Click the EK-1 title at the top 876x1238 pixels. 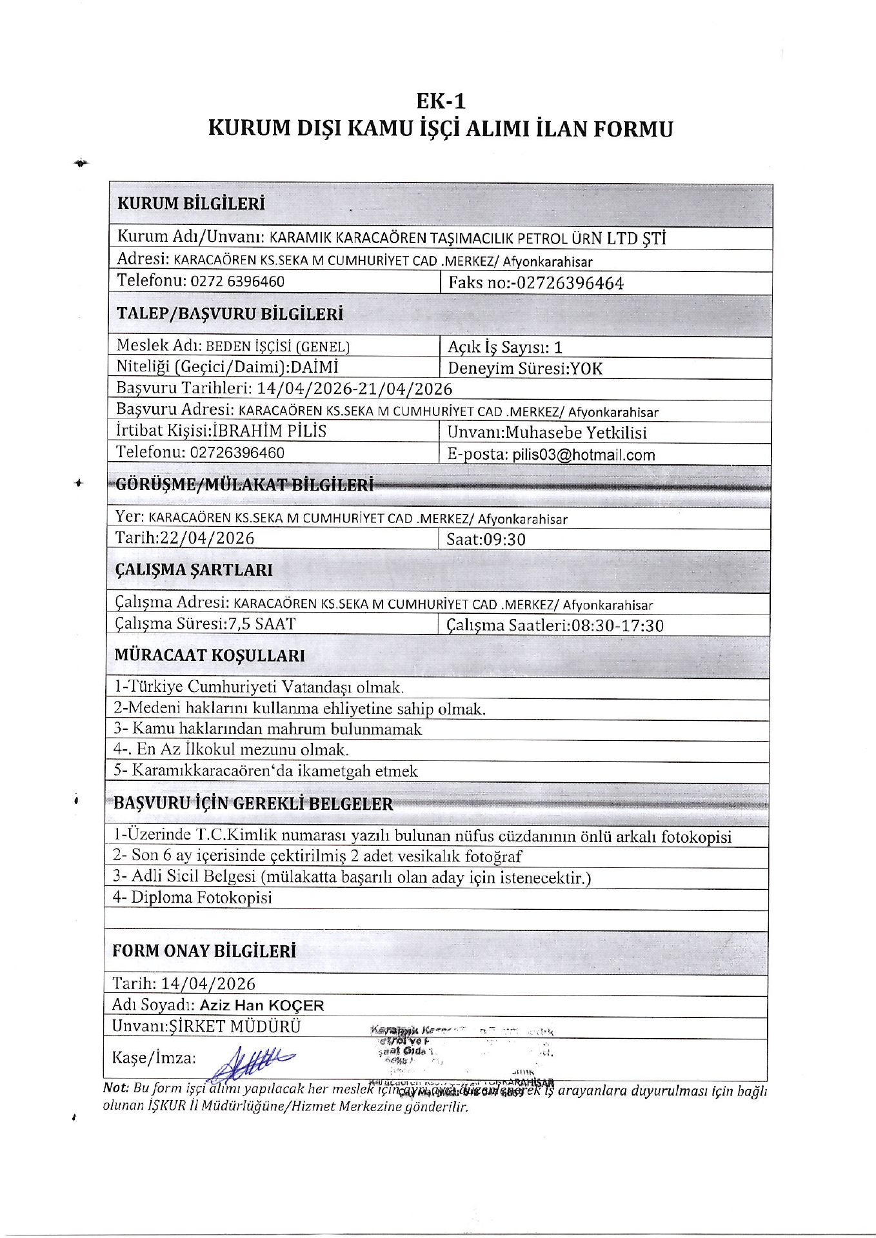tap(440, 101)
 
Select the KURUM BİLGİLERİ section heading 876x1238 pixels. tap(191, 204)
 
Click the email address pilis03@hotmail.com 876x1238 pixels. tap(584, 455)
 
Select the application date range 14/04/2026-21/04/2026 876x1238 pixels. tap(354, 389)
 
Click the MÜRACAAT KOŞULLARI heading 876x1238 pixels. tap(210, 656)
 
